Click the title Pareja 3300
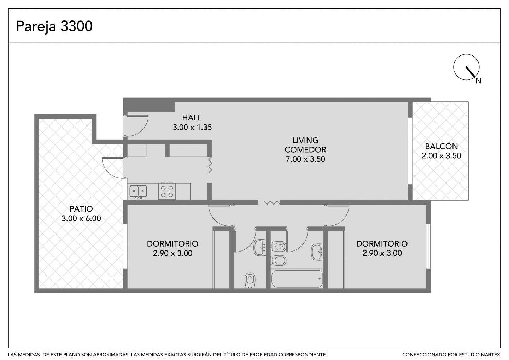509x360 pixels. click(54, 26)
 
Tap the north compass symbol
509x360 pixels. click(466, 67)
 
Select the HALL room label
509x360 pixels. click(192, 118)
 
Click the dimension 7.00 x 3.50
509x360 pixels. click(305, 159)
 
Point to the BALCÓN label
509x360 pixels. click(441, 146)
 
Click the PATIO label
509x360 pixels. click(81, 209)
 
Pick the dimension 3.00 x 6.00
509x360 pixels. click(81, 218)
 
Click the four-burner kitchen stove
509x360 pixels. click(167, 191)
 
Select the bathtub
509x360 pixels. click(297, 279)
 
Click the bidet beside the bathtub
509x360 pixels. click(279, 261)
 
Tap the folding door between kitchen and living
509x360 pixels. click(210, 165)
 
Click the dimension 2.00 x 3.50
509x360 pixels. click(441, 156)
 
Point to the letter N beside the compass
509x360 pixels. click(479, 81)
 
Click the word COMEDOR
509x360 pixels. click(305, 150)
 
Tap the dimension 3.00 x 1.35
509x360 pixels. click(192, 128)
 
